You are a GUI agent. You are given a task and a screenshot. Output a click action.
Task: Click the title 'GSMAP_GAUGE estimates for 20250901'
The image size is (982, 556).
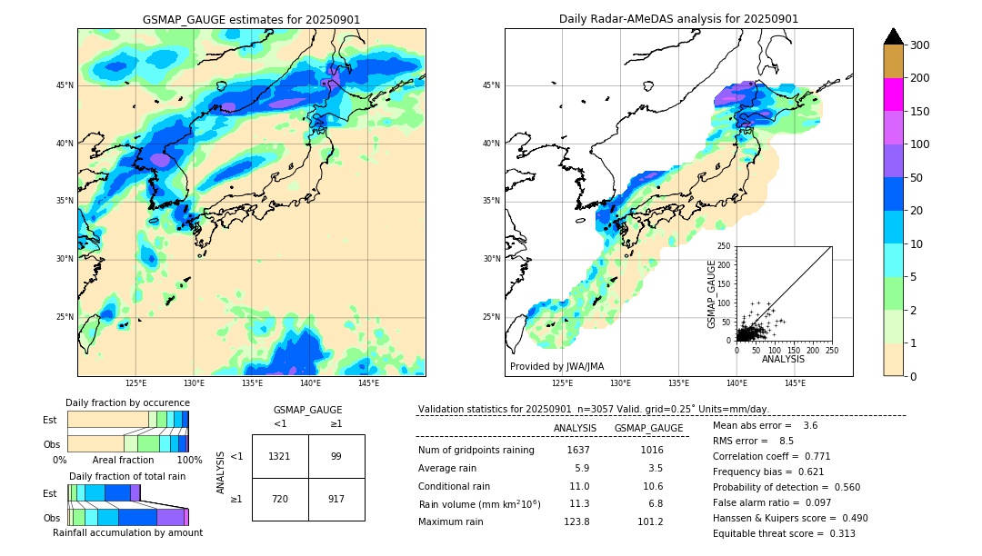[251, 19]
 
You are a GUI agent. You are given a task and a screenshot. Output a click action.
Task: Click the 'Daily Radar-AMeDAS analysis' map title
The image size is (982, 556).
[678, 19]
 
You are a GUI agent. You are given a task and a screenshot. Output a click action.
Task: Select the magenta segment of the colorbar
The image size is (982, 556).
[893, 94]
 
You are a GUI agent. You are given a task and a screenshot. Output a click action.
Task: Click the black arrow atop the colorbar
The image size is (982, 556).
[893, 36]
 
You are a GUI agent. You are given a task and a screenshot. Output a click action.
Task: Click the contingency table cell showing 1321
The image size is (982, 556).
[280, 456]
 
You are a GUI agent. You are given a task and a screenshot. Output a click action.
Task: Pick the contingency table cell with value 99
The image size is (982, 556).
[336, 456]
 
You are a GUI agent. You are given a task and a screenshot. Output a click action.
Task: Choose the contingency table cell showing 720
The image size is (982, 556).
[280, 500]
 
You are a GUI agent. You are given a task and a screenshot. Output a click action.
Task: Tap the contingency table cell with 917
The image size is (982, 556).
[336, 500]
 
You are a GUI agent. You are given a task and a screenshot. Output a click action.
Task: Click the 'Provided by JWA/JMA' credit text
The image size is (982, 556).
[556, 367]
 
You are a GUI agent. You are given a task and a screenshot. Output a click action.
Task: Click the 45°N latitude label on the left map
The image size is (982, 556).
[65, 85]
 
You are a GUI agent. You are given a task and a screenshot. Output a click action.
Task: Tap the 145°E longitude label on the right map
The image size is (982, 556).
[795, 384]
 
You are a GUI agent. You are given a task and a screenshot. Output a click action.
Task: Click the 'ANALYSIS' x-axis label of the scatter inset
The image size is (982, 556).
[783, 359]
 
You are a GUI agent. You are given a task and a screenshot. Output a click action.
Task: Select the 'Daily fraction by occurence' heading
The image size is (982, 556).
[127, 402]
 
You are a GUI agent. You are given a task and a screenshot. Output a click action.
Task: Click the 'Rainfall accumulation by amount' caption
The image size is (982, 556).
[127, 532]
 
